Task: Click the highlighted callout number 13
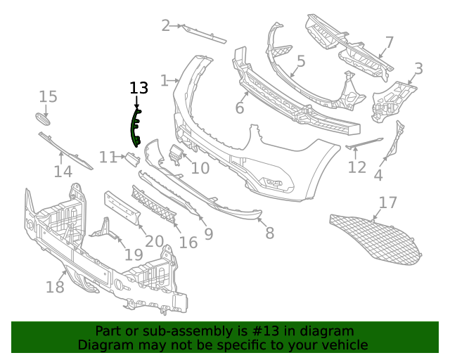point(139,88)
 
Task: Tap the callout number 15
point(48,97)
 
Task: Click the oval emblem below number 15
point(44,119)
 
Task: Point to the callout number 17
point(388,204)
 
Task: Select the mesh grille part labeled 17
point(376,236)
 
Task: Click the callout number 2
point(166,26)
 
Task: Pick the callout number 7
point(389,43)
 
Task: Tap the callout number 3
point(418,69)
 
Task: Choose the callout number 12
point(357,167)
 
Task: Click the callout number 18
point(55,287)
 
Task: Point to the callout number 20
point(154,241)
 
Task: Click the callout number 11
point(107,157)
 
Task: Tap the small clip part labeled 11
point(131,158)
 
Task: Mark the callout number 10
point(200,168)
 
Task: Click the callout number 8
point(270,233)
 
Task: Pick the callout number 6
point(239,108)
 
